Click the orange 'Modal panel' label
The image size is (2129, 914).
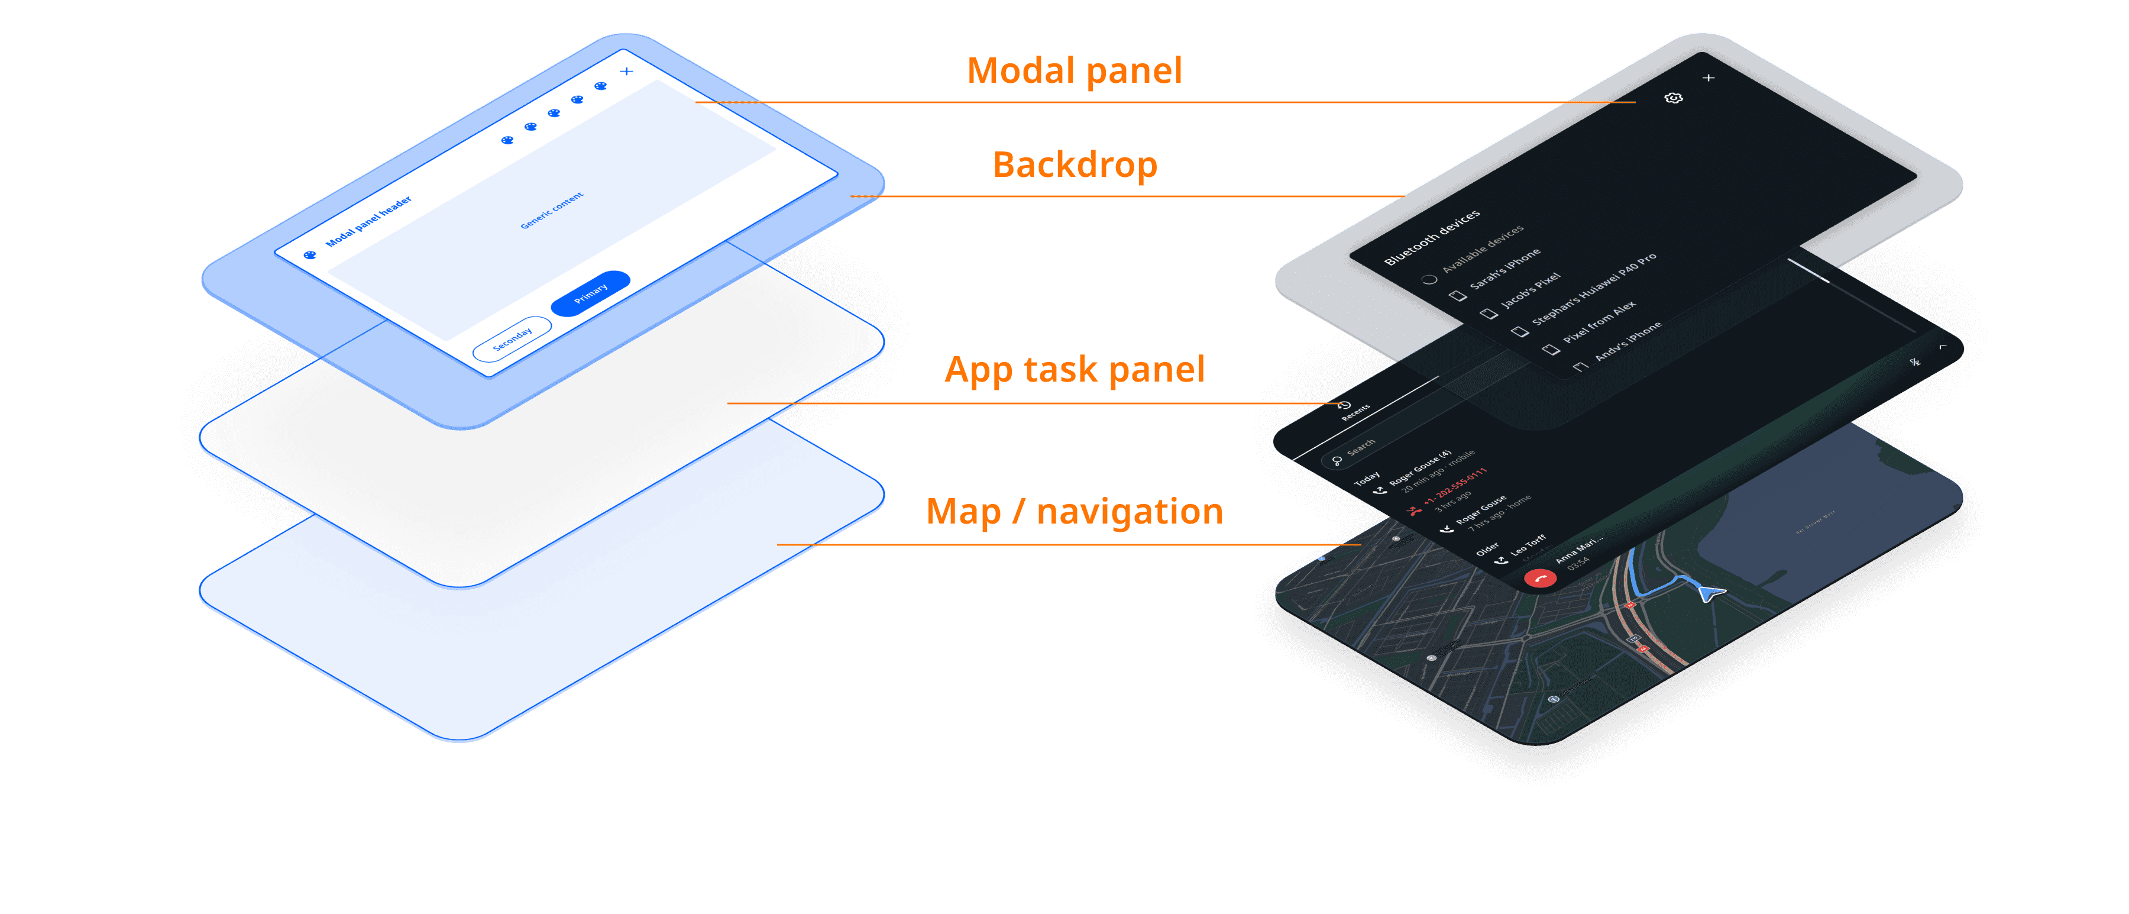coord(1075,71)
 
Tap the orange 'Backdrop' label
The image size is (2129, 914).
coord(1075,164)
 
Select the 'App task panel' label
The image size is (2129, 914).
coord(1075,369)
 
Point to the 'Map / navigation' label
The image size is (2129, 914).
coord(1075,512)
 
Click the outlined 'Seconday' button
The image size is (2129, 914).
coord(512,338)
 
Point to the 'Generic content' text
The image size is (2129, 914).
coord(552,210)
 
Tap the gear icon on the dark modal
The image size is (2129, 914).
coord(1673,98)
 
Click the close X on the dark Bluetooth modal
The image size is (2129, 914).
coord(1709,77)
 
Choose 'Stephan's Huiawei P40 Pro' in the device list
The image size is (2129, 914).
coord(1593,290)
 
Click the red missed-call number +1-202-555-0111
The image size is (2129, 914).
coord(1455,487)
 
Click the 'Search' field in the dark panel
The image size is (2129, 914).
coord(1360,447)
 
